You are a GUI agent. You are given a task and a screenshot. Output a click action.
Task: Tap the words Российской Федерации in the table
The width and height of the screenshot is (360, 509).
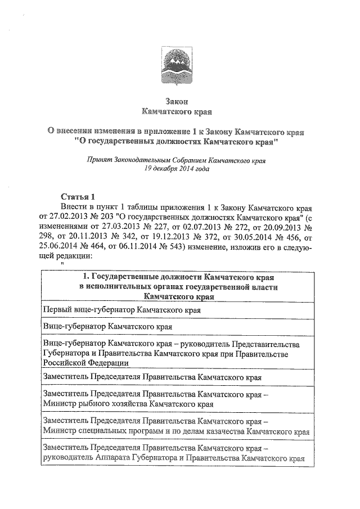82,363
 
